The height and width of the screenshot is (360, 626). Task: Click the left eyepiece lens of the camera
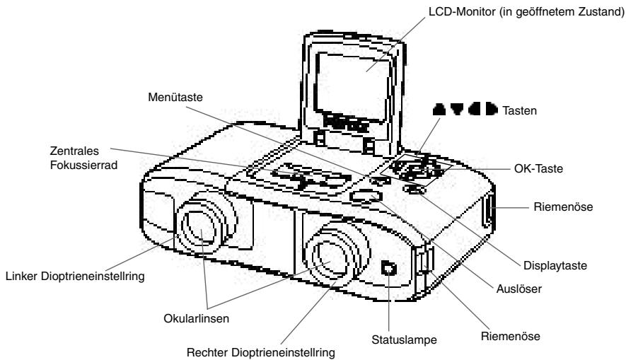[202, 231]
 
